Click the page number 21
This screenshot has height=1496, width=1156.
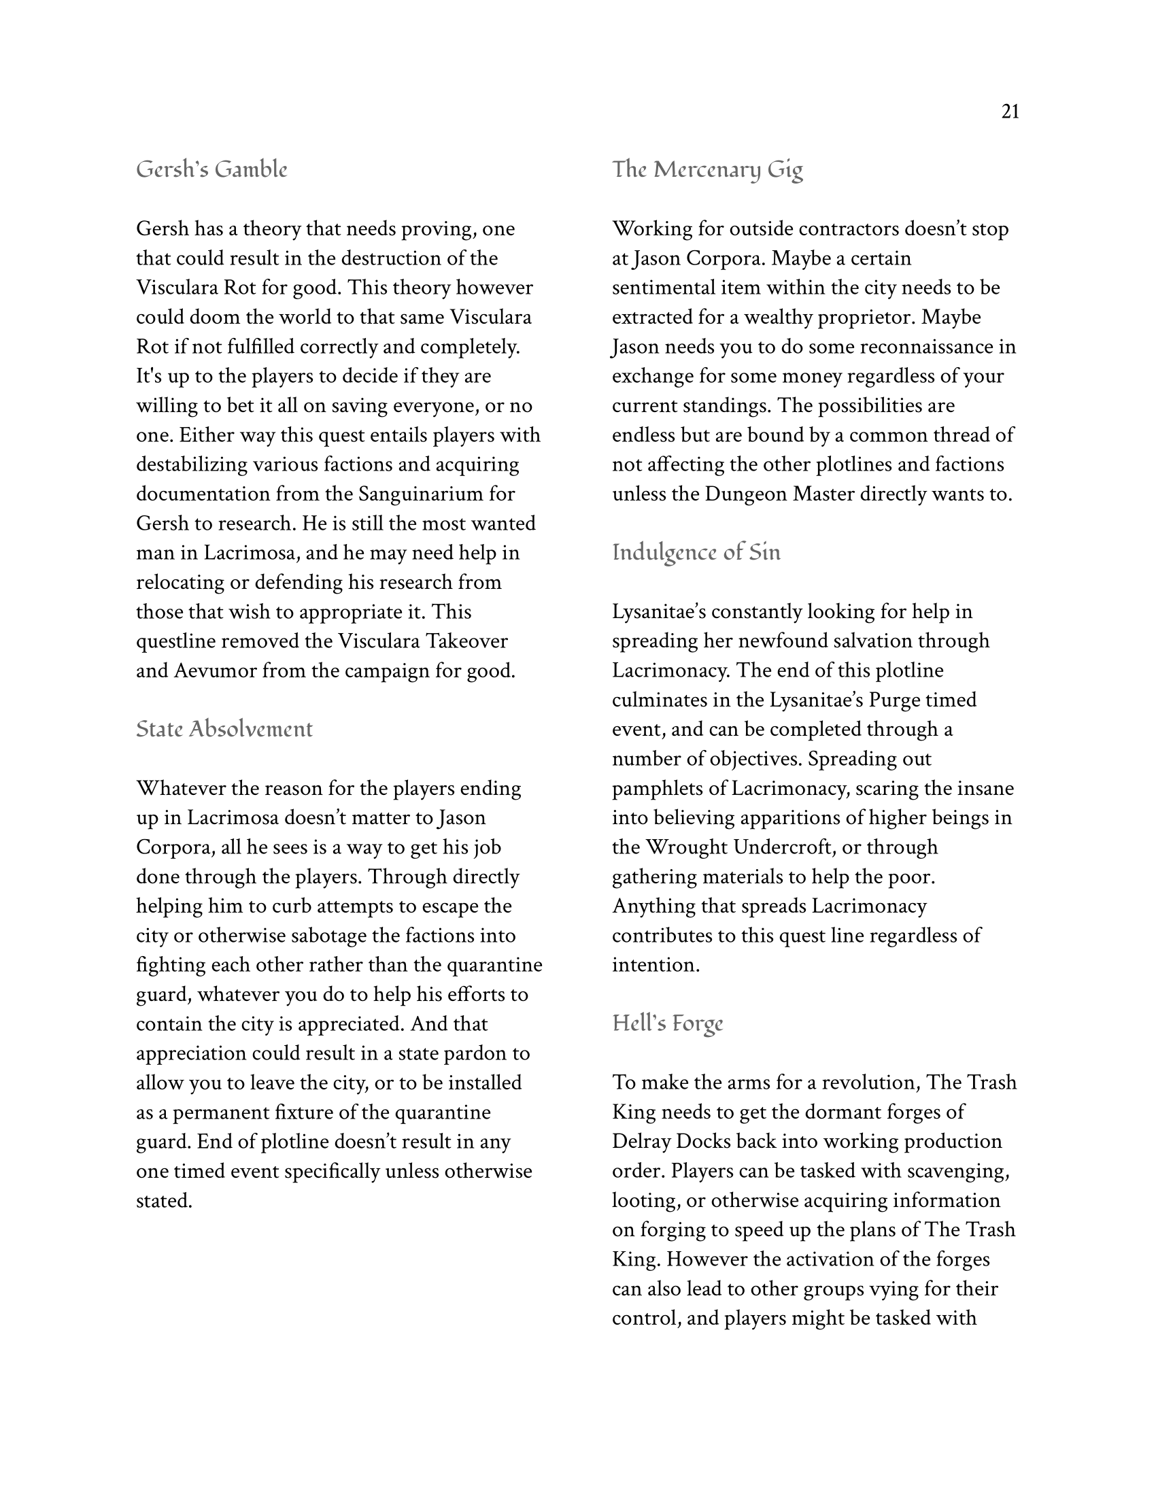(x=1010, y=112)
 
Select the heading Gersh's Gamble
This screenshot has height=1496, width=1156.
(x=211, y=169)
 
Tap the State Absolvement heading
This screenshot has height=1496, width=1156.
(x=224, y=729)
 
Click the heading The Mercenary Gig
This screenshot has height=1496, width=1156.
(x=707, y=169)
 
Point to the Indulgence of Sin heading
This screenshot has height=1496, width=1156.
(x=696, y=552)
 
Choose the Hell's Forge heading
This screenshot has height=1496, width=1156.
(x=667, y=1023)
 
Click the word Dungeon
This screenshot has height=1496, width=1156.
(x=746, y=494)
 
